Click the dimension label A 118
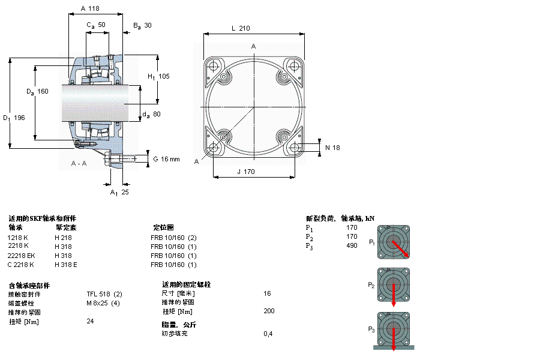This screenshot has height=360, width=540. pos(89,9)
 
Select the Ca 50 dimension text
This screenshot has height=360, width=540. pos(96,25)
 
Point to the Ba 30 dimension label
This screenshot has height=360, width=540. pos(142,25)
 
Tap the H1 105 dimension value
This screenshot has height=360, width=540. pos(159,76)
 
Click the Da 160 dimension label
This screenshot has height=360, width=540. pos(37,91)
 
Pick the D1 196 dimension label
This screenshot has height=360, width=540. pos(14,118)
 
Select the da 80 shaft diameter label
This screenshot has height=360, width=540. pos(152,114)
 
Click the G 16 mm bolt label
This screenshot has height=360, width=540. pos(166,159)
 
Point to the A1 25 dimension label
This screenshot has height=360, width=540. pos(119,192)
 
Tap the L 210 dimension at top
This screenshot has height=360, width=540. pos(240,28)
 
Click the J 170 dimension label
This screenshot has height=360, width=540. pos(245,172)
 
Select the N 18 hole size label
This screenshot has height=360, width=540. pos(332,148)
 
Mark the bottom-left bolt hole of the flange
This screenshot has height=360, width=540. pos(214,148)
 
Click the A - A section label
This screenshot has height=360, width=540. pos(79,164)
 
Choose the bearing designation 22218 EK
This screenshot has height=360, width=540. pos(21,256)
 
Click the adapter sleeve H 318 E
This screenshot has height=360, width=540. pos(66,265)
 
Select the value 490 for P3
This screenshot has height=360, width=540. pos(352,246)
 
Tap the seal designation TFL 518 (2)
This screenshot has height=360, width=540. pos(104,294)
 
